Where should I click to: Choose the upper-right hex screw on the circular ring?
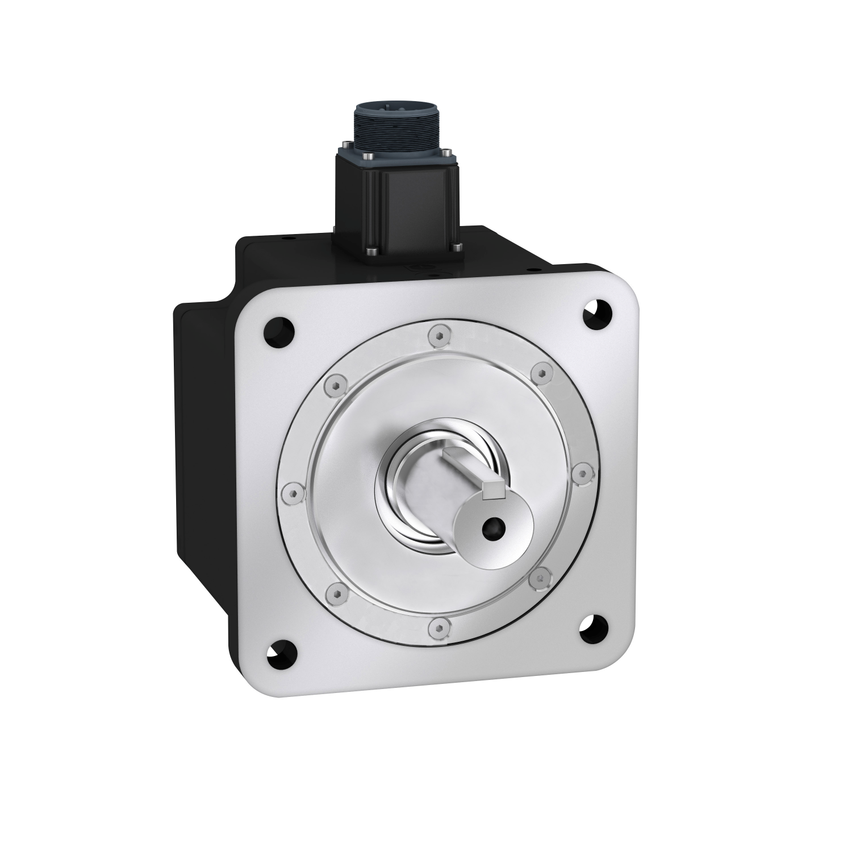tap(542, 373)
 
